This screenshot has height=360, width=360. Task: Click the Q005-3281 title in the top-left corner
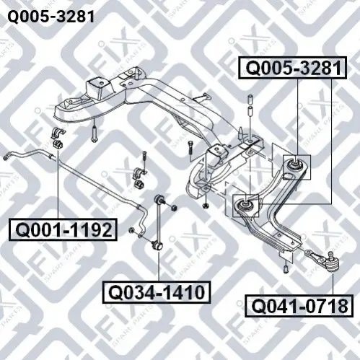pyautogui.click(x=51, y=17)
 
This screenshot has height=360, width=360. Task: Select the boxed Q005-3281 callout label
pyautogui.click(x=293, y=68)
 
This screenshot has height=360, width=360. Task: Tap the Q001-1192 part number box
pyautogui.click(x=63, y=229)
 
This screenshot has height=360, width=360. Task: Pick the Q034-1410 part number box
pyautogui.click(x=157, y=292)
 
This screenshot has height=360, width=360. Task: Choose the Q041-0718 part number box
pyautogui.click(x=299, y=306)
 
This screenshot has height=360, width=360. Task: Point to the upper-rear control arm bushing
pyautogui.click(x=295, y=164)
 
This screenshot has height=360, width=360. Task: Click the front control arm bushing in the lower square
pyautogui.click(x=245, y=205)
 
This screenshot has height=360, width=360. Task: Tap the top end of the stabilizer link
pyautogui.click(x=158, y=199)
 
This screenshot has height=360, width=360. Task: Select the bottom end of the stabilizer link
pyautogui.click(x=157, y=245)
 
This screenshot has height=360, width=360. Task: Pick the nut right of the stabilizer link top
pyautogui.click(x=174, y=207)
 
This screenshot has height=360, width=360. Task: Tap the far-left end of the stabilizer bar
pyautogui.click(x=6, y=158)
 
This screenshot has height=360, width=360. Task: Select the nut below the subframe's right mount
pyautogui.click(x=205, y=206)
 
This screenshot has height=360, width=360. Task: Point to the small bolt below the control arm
pyautogui.click(x=286, y=269)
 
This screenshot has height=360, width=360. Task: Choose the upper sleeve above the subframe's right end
pyautogui.click(x=250, y=99)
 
